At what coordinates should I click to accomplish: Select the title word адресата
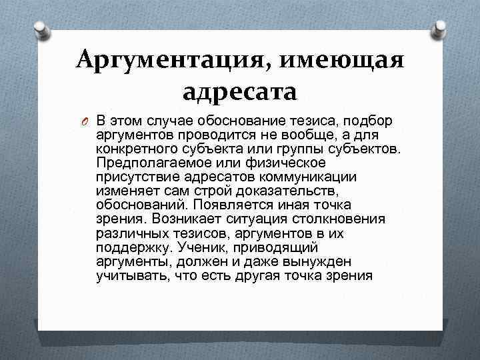pos(239,91)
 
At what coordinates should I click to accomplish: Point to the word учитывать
pos(131,275)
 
